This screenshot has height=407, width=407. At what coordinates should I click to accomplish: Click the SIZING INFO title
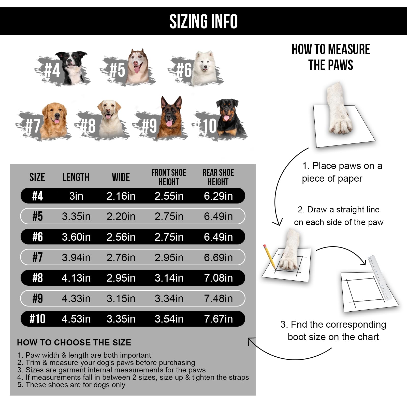point(203,21)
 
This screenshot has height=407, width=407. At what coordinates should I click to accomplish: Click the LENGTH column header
point(76,177)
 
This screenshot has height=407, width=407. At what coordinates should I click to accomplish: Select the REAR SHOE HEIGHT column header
point(218,177)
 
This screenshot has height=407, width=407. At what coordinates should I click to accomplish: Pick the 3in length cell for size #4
point(76,196)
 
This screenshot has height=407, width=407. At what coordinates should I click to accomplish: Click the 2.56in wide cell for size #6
point(121,237)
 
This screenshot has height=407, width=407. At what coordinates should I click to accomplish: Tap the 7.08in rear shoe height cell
point(219,278)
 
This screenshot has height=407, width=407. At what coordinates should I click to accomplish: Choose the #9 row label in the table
point(37,298)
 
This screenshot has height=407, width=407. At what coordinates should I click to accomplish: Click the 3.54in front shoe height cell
point(169,319)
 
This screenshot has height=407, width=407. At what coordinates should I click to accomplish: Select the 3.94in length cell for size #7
point(76,258)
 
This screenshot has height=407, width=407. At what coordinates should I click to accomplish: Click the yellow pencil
point(270,257)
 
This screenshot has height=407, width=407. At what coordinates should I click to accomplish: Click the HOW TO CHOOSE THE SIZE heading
point(74,342)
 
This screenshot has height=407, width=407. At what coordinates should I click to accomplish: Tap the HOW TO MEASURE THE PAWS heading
point(331,57)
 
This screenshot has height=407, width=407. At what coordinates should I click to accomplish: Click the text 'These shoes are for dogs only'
point(75,385)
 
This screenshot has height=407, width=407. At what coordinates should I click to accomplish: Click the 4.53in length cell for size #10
point(76,319)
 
